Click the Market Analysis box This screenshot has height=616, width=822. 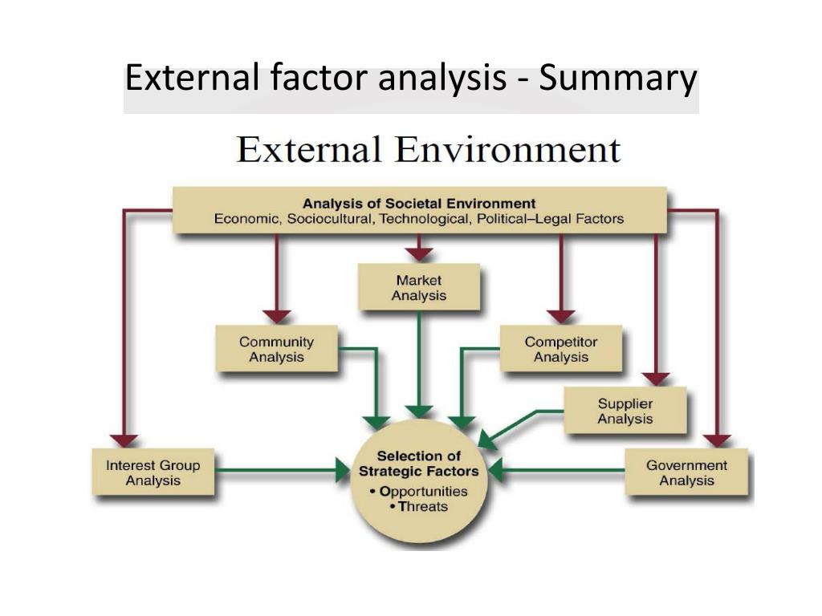click(418, 288)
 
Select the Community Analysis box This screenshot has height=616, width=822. click(276, 350)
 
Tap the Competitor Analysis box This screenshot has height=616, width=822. click(560, 350)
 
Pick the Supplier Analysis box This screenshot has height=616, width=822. click(625, 411)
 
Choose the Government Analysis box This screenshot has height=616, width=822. click(686, 472)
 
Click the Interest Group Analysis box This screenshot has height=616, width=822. click(153, 472)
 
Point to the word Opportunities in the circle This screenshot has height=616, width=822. click(423, 491)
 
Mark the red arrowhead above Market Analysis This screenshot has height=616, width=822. click(418, 254)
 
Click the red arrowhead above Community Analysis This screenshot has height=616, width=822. click(276, 316)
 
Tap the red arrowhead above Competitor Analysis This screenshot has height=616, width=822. click(560, 316)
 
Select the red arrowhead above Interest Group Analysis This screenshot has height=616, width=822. click(124, 440)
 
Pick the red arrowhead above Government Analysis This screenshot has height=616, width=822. click(717, 440)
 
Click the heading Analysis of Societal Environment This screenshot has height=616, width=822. click(418, 203)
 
